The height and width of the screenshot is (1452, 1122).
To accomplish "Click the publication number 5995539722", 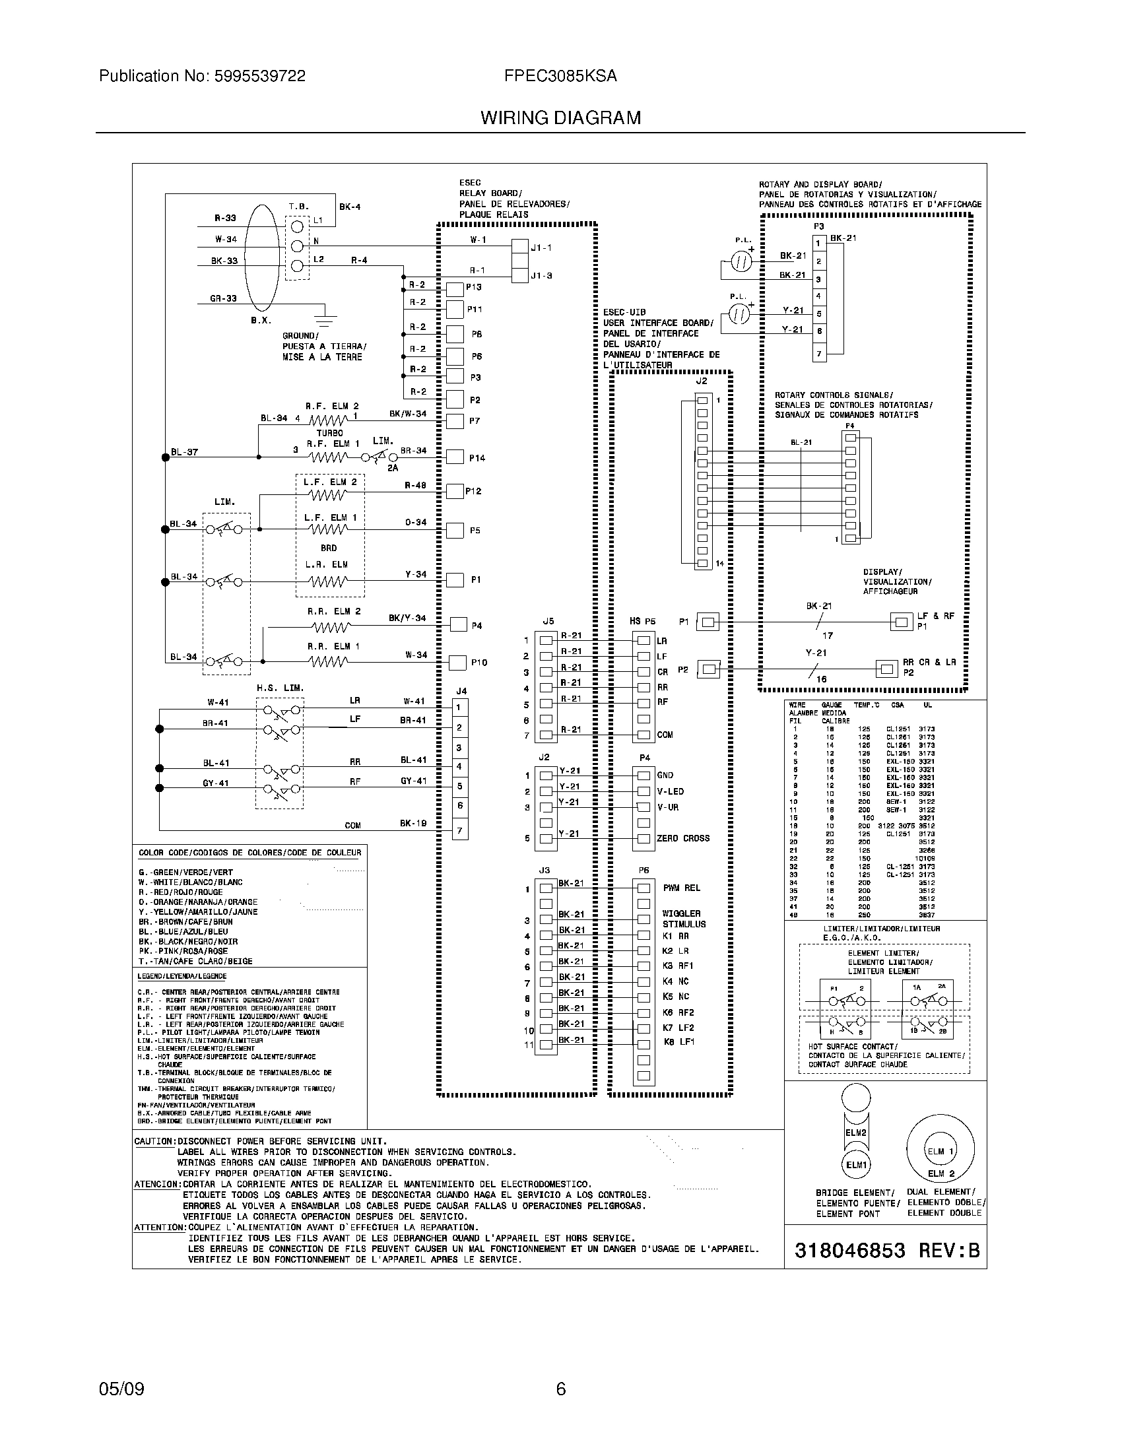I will click(260, 76).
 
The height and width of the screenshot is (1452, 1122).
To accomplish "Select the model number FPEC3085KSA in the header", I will click(560, 76).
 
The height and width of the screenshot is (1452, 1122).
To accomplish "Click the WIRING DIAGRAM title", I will click(560, 117).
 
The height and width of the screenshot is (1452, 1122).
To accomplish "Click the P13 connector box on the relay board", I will click(455, 289).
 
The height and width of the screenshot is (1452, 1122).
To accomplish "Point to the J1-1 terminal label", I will click(541, 247).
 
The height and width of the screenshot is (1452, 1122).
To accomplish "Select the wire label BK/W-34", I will click(407, 414).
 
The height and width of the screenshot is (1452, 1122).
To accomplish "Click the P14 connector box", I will click(455, 457).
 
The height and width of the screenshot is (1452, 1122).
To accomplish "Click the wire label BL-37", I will click(184, 452).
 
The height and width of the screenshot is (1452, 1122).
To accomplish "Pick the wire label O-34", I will click(415, 522).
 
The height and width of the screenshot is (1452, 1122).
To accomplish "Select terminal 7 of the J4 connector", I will click(459, 830).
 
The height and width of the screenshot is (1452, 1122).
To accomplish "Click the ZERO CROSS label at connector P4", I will click(682, 838).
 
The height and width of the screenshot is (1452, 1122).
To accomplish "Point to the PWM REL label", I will click(681, 888).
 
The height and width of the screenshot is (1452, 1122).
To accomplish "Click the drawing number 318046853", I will click(849, 1251).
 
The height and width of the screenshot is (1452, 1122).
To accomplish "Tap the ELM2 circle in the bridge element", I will click(855, 1132).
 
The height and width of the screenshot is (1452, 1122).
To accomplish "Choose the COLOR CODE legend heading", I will click(249, 853).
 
